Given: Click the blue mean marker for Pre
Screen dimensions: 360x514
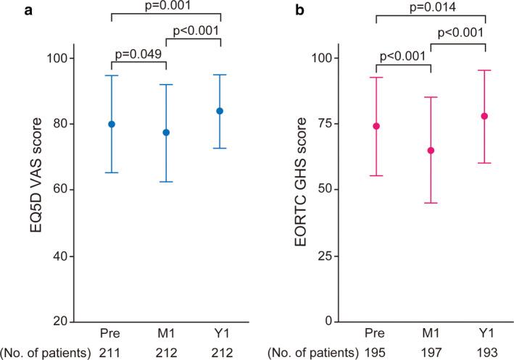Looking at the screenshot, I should coord(112,124).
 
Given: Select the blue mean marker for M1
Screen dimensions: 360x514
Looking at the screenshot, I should coord(166,133).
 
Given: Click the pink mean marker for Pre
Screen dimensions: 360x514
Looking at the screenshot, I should coord(376,126).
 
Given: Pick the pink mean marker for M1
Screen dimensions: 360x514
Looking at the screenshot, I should coord(431,151).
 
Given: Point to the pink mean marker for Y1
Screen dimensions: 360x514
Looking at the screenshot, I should coord(484,116).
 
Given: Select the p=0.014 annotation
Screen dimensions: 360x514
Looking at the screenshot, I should coord(430,7).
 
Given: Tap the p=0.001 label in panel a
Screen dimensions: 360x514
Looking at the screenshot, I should coord(166,7).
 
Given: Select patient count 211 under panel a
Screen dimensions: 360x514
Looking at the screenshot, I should coord(112,352).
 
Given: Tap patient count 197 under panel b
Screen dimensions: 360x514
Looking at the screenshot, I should coord(431,352).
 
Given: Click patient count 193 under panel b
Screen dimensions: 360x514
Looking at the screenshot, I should coord(484,352).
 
